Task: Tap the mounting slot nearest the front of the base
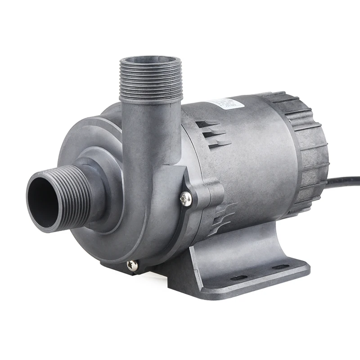point(240,278)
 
